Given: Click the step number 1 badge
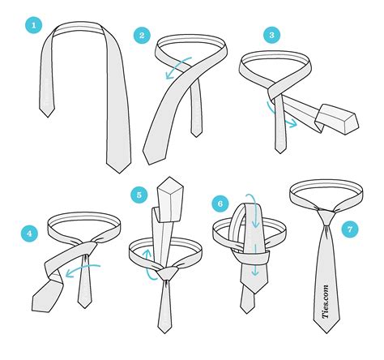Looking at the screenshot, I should point(33,25).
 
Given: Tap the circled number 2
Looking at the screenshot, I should point(143,35).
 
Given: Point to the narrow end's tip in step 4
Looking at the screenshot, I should point(84,303).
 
